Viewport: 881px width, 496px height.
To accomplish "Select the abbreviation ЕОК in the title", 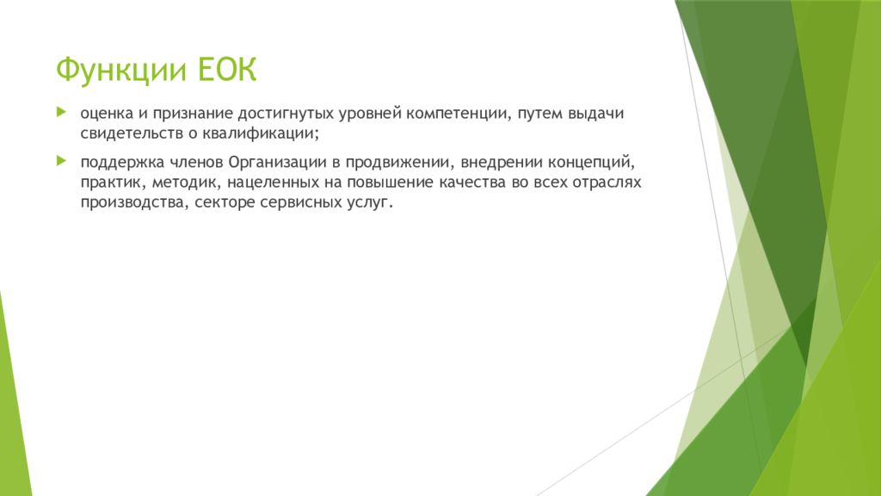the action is (x=227, y=69).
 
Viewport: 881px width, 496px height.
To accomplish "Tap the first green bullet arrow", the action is (x=61, y=113).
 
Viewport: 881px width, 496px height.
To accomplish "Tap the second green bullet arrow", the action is (x=61, y=161).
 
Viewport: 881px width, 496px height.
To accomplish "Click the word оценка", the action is (x=107, y=114).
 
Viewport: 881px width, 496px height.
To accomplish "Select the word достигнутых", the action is (x=286, y=115).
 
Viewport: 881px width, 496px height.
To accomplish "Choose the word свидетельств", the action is (x=132, y=133).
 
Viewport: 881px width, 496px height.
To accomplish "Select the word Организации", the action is (x=278, y=163).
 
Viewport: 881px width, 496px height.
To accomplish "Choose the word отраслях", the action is (x=606, y=183).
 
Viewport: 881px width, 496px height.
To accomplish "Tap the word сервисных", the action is (x=297, y=202).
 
